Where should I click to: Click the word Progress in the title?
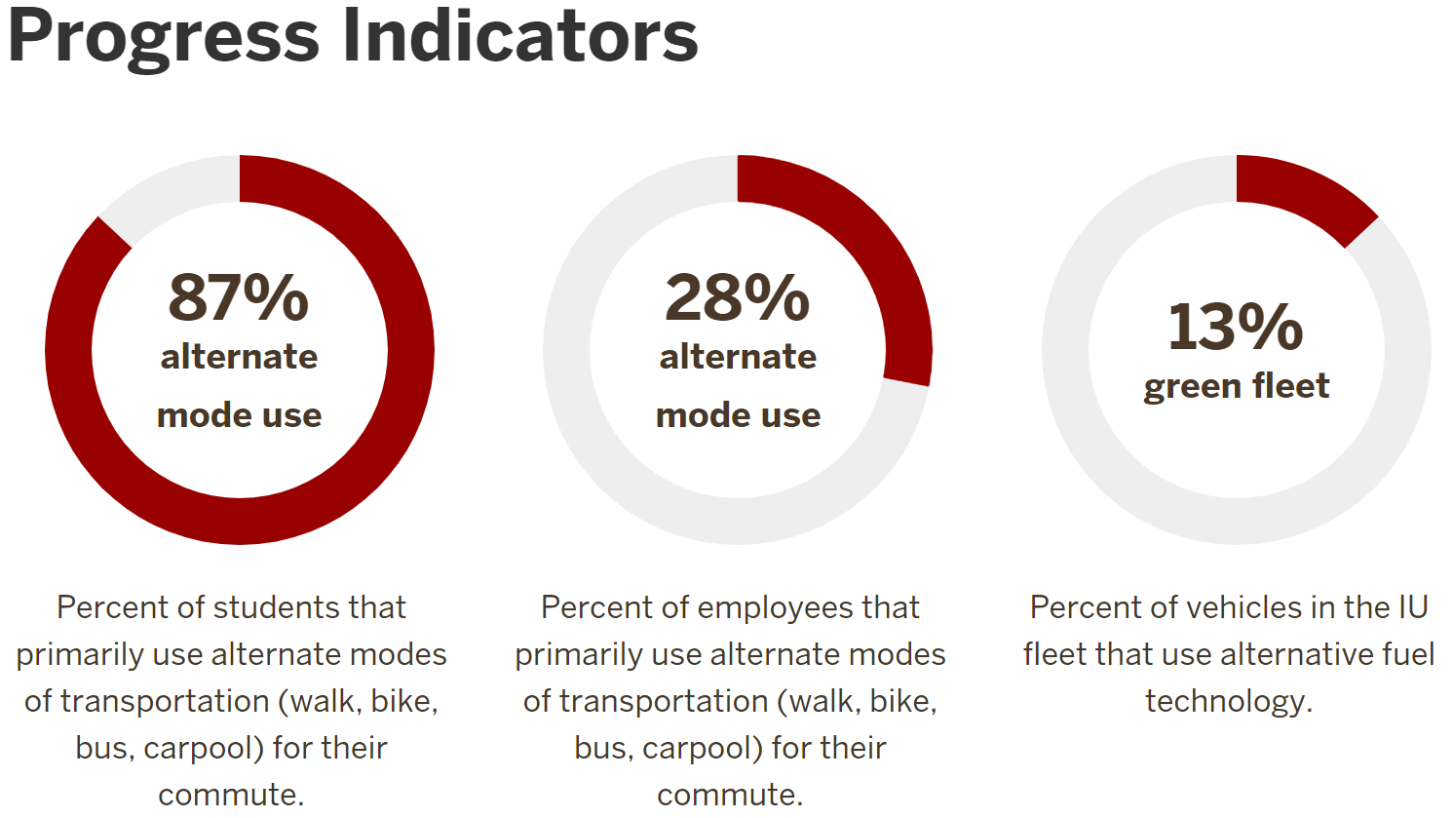click(164, 37)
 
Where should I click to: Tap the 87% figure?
click(239, 297)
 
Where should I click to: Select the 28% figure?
click(738, 297)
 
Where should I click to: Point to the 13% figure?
click(1236, 326)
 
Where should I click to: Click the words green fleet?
click(1236, 386)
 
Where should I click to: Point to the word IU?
click(1413, 607)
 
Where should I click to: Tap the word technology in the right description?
click(1228, 701)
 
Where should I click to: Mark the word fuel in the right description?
click(1410, 654)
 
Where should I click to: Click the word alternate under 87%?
click(239, 357)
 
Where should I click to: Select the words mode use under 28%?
click(738, 415)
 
